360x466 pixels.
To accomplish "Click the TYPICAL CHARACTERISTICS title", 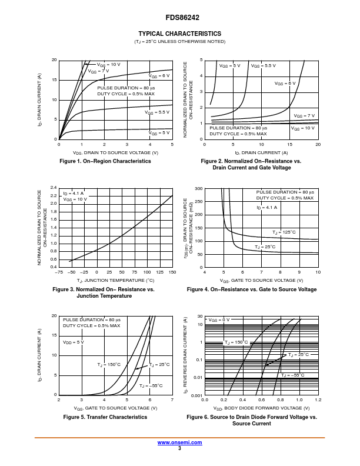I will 179,34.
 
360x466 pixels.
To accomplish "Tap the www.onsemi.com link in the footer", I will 179,442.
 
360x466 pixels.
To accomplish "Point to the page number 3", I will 179,448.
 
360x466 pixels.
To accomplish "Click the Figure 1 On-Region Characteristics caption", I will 106,161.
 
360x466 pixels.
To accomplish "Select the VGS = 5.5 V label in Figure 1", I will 157,112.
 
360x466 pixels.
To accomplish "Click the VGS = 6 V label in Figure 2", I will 285,84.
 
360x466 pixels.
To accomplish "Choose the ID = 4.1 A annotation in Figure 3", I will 74,193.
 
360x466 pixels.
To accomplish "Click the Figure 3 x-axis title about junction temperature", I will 115,280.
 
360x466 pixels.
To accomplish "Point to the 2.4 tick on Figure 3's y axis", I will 52,188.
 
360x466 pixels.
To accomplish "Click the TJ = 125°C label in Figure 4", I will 284,232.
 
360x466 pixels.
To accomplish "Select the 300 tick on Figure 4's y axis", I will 199,189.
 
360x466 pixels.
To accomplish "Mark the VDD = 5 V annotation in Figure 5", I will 74,342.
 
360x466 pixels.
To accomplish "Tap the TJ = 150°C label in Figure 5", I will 109,365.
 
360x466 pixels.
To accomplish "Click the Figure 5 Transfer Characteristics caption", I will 105,417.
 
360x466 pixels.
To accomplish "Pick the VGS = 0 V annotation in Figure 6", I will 219,319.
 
